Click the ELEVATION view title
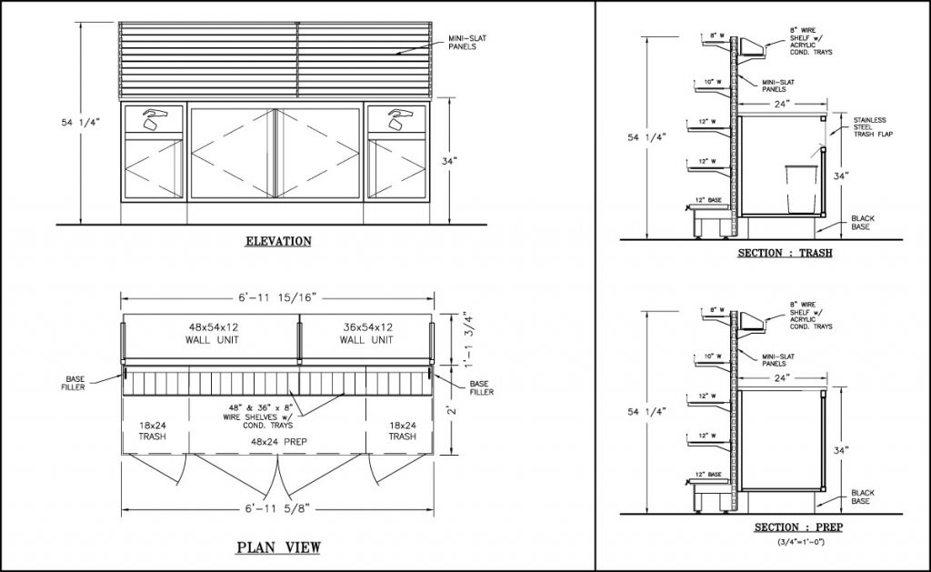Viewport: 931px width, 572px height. pyautogui.click(x=278, y=241)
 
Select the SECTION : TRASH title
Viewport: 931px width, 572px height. pyautogui.click(x=784, y=252)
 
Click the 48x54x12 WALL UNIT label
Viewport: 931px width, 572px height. pyautogui.click(x=210, y=333)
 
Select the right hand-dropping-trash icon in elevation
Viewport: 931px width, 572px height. pyautogui.click(x=398, y=118)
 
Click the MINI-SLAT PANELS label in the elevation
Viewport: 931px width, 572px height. pyautogui.click(x=465, y=42)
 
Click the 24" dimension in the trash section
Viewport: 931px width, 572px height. pyautogui.click(x=782, y=104)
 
